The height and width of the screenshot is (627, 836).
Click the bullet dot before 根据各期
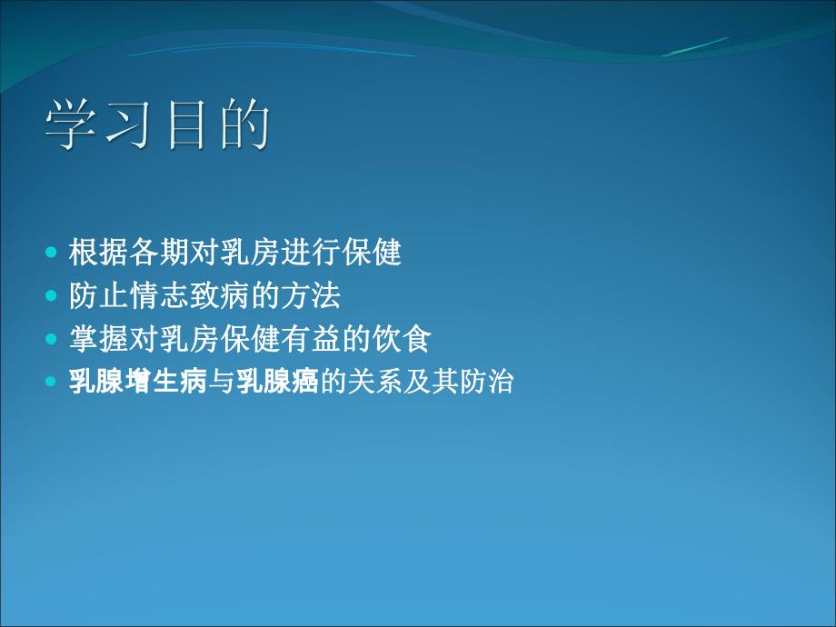click(x=51, y=252)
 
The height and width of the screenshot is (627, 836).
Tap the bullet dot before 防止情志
click(x=51, y=295)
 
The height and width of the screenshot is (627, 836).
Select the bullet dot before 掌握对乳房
click(x=51, y=339)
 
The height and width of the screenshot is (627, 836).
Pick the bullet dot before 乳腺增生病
click(x=51, y=383)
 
